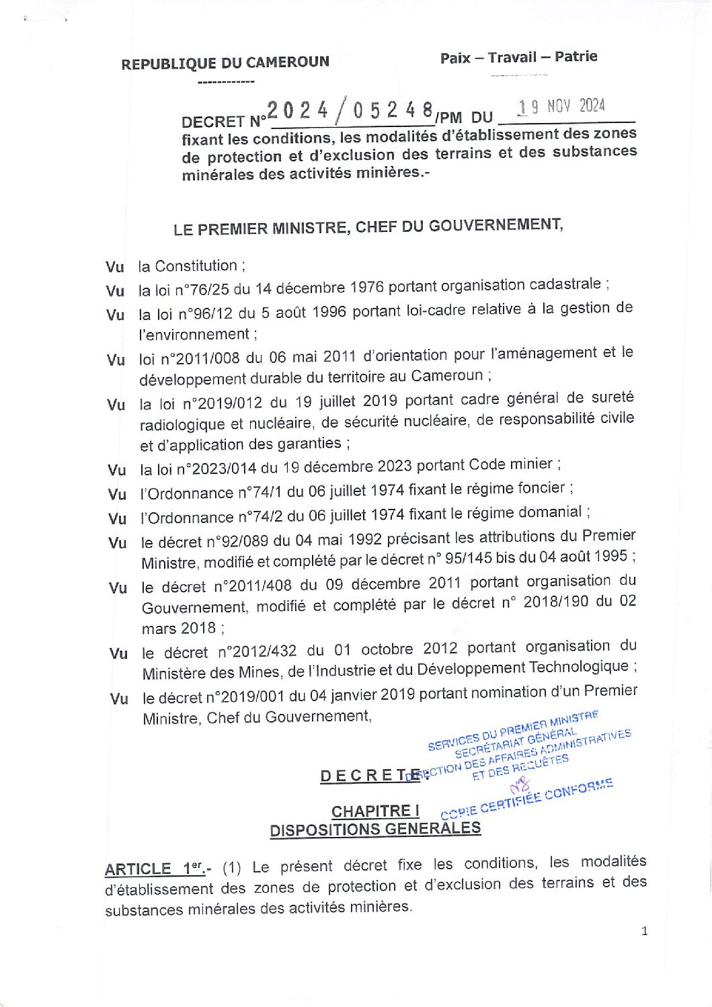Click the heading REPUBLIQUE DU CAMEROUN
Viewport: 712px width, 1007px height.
(225, 63)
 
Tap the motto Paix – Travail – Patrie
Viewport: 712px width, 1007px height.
(518, 57)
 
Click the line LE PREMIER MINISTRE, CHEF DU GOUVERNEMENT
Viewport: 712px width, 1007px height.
(368, 227)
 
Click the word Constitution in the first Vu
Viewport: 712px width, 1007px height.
(196, 266)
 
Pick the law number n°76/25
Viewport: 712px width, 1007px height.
(202, 290)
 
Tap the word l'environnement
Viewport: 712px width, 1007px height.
(194, 335)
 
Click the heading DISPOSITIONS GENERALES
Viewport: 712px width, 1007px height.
(375, 830)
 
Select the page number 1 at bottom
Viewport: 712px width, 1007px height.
(645, 931)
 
